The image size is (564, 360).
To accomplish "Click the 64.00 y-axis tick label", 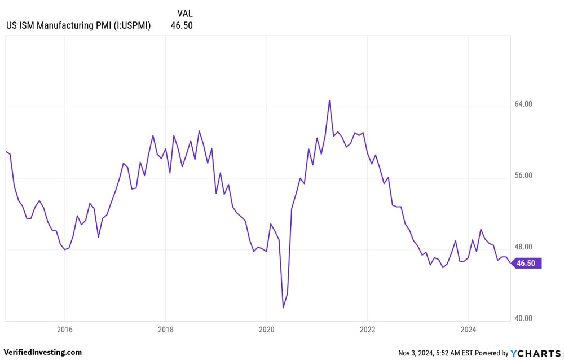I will click(x=525, y=104).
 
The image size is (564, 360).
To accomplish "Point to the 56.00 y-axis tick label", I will click(x=525, y=175).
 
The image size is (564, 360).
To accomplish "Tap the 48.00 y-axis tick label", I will click(x=525, y=247).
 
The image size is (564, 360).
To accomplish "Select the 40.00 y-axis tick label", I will click(x=525, y=318).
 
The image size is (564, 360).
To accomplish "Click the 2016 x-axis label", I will click(x=65, y=329).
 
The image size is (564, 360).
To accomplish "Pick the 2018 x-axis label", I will click(x=165, y=329).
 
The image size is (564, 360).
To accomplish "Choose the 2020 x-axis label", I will click(x=266, y=329).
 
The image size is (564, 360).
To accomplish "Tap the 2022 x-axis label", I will click(x=367, y=329).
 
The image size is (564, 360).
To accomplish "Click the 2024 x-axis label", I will click(x=468, y=329).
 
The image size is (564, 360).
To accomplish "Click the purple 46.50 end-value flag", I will click(x=527, y=263).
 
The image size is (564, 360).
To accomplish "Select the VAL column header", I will click(x=184, y=13).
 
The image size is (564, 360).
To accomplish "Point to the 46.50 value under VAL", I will click(x=182, y=25).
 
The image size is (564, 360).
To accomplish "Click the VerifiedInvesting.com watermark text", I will click(x=43, y=352).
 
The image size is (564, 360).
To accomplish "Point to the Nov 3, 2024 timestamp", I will click(x=417, y=353).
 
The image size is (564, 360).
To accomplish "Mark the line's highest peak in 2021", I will click(x=329, y=100).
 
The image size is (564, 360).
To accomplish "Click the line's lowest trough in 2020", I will click(x=283, y=308).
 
